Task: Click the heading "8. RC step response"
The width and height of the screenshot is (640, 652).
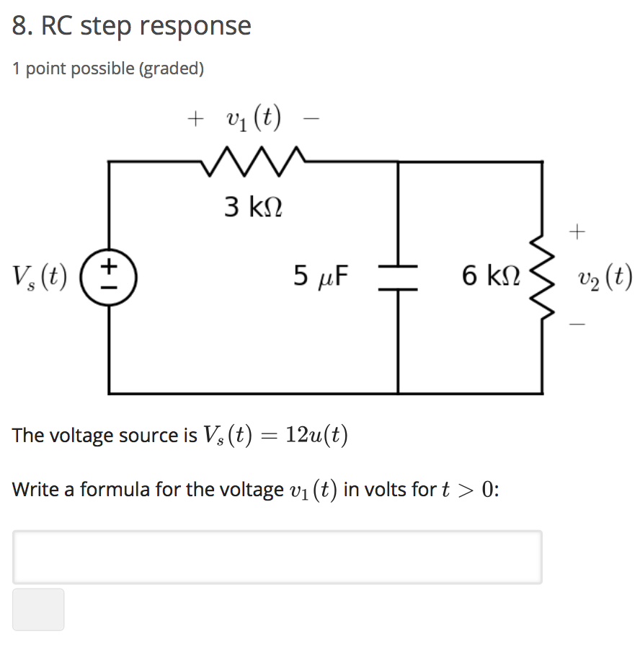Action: pos(132,26)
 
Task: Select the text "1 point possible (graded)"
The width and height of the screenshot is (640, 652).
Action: pos(108,69)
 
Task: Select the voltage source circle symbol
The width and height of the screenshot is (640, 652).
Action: pos(109,277)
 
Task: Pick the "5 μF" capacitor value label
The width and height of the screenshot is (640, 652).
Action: pos(321,275)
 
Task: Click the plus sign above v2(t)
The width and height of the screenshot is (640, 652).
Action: pos(577,232)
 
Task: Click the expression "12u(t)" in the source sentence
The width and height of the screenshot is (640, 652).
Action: pos(316,435)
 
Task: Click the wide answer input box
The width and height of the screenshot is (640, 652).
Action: pos(277,557)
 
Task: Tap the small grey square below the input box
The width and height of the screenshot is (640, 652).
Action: pos(38,609)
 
